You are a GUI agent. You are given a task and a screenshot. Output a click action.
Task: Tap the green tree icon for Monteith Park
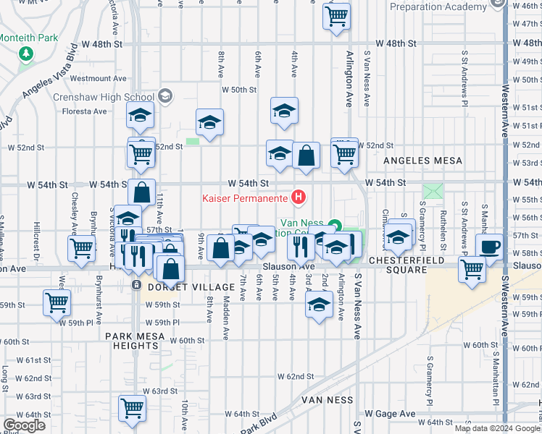[x=27, y=54]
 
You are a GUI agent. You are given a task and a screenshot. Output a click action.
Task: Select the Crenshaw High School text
[x=103, y=97]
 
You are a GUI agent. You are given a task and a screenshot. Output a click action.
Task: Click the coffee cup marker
[x=489, y=246]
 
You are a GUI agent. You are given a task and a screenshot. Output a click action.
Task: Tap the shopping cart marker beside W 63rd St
[x=133, y=409]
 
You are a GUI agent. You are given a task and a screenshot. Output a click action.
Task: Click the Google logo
[x=25, y=425]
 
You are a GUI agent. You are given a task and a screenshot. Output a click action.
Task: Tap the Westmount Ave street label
[x=99, y=78]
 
